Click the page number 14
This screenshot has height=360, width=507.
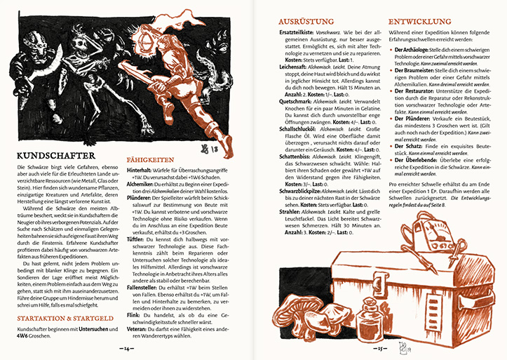127,347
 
